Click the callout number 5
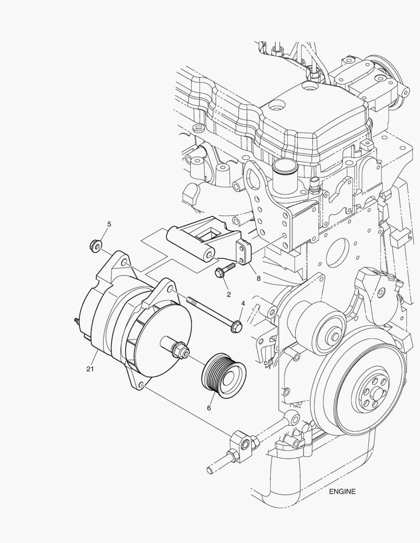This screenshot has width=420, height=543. [x=109, y=223]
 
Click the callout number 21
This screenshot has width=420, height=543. [x=90, y=370]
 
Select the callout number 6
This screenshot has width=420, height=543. [x=208, y=408]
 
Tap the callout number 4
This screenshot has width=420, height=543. [x=242, y=304]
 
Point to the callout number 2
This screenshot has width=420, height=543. [x=228, y=294]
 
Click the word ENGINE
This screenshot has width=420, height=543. [x=343, y=491]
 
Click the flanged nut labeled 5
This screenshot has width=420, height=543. [x=93, y=245]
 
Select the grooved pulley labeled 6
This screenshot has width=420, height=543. [x=222, y=376]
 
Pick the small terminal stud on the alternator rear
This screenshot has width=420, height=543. [x=75, y=320]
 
